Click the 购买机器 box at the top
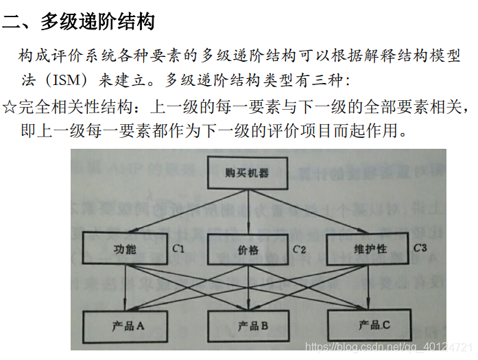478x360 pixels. click(x=247, y=173)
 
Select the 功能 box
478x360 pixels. click(x=125, y=249)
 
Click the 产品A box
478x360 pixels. click(x=127, y=325)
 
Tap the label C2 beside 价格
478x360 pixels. click(x=299, y=249)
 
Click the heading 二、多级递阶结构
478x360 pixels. click(x=78, y=21)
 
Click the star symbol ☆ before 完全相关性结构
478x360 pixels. click(x=9, y=106)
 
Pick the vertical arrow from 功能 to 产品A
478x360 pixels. click(x=128, y=288)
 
